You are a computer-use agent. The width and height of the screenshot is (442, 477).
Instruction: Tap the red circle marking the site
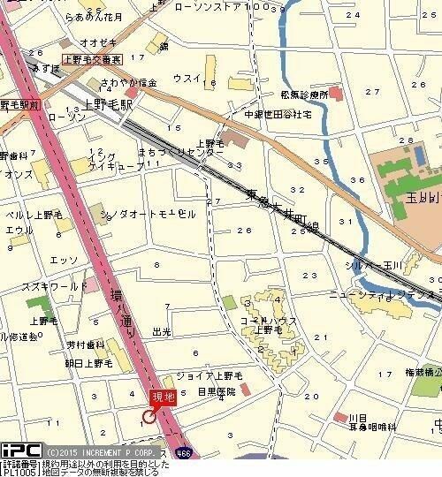tap(149, 416)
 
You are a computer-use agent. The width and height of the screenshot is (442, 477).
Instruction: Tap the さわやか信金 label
tap(130, 82)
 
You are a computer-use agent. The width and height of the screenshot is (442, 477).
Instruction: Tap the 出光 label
tap(161, 332)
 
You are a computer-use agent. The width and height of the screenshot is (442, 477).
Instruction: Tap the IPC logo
tap(19, 450)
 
